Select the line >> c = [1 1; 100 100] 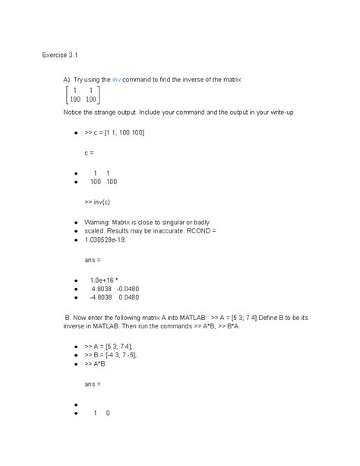pyautogui.click(x=115, y=132)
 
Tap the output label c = pyautogui.click(x=90, y=152)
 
